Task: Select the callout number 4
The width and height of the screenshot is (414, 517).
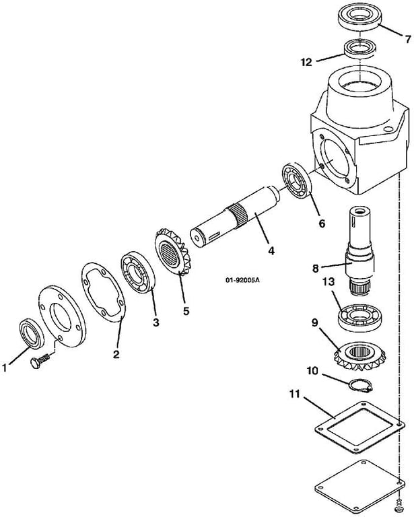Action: tap(271, 250)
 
